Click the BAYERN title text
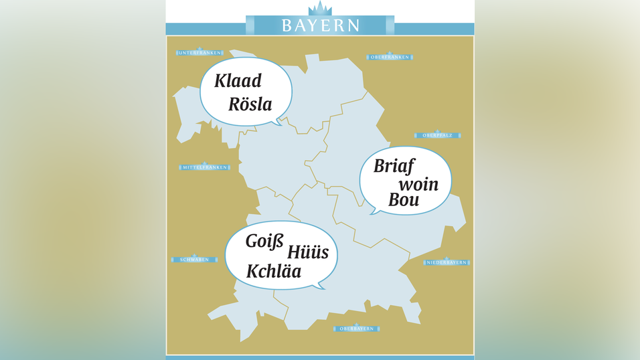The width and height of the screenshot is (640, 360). pyautogui.click(x=320, y=25)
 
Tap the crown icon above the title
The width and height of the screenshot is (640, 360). pyautogui.click(x=320, y=9)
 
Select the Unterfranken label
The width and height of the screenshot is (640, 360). pyautogui.click(x=199, y=52)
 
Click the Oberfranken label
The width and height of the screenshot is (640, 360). pyautogui.click(x=390, y=57)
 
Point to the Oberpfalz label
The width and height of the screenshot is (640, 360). pyautogui.click(x=437, y=135)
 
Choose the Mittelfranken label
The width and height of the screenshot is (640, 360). pyautogui.click(x=205, y=167)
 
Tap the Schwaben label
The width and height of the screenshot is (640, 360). pyautogui.click(x=195, y=260)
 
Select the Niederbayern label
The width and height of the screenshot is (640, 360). pyautogui.click(x=447, y=262)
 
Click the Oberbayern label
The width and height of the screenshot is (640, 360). pyautogui.click(x=356, y=329)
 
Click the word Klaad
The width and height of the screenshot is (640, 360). pyautogui.click(x=238, y=82)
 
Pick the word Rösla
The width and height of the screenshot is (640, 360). pyautogui.click(x=250, y=104)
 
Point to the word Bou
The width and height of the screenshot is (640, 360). pyautogui.click(x=404, y=200)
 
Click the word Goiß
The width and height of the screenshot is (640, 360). pyautogui.click(x=265, y=241)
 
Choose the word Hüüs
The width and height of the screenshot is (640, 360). pyautogui.click(x=308, y=252)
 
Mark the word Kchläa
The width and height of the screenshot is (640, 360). pyautogui.click(x=274, y=272)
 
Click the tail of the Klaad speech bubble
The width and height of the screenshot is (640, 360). pyautogui.click(x=276, y=122)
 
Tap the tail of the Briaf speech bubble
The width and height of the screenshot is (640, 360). pyautogui.click(x=374, y=211)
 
